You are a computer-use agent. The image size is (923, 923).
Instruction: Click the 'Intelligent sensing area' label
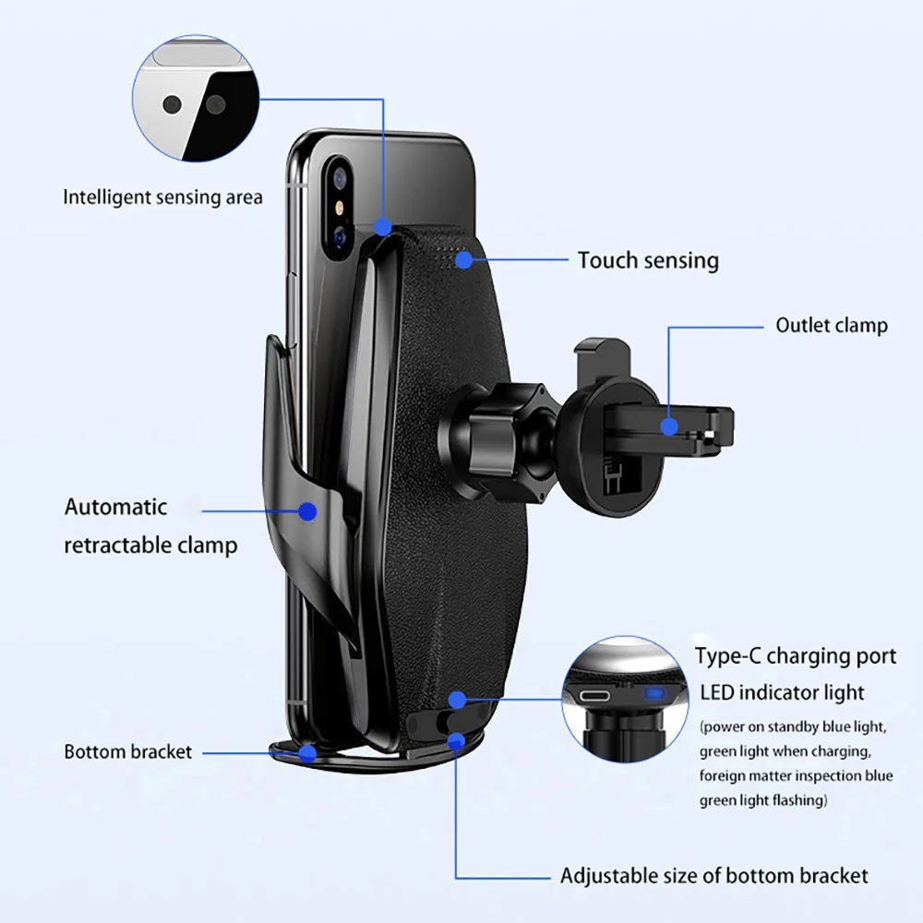(x=162, y=197)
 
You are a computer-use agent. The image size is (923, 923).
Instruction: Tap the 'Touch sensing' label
(x=648, y=260)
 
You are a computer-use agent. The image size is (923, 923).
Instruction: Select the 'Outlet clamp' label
(x=831, y=325)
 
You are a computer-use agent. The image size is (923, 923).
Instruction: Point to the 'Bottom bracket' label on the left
(x=128, y=751)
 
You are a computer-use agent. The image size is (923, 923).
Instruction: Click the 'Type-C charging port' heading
(x=795, y=656)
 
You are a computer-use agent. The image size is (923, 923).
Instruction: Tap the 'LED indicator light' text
(x=782, y=692)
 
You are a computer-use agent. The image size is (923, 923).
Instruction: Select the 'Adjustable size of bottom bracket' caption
(x=713, y=875)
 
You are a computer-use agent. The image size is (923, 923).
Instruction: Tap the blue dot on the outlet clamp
(x=668, y=426)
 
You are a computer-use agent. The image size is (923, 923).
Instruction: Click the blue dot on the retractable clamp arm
(x=307, y=509)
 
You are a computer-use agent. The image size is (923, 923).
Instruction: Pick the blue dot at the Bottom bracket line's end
(x=307, y=752)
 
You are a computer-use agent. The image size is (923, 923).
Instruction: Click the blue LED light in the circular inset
(x=655, y=694)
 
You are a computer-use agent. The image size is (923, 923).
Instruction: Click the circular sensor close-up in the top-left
(x=196, y=100)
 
